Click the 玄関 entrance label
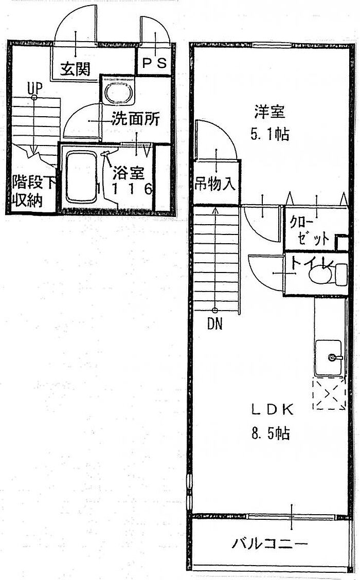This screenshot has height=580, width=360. point(76,69)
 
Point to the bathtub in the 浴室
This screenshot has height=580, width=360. point(81,177)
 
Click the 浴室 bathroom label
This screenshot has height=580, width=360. point(128,172)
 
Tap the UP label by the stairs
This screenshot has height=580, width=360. point(34,87)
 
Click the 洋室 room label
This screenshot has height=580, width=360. point(269,111)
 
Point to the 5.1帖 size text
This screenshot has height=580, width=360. point(269,134)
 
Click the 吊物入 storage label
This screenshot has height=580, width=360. point(215,183)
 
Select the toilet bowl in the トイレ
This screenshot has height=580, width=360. point(320,274)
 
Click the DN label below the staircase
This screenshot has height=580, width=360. point(214,324)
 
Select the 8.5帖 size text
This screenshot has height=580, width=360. point(271,433)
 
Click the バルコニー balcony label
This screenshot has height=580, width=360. point(269,543)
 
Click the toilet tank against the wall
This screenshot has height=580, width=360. point(341,274)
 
